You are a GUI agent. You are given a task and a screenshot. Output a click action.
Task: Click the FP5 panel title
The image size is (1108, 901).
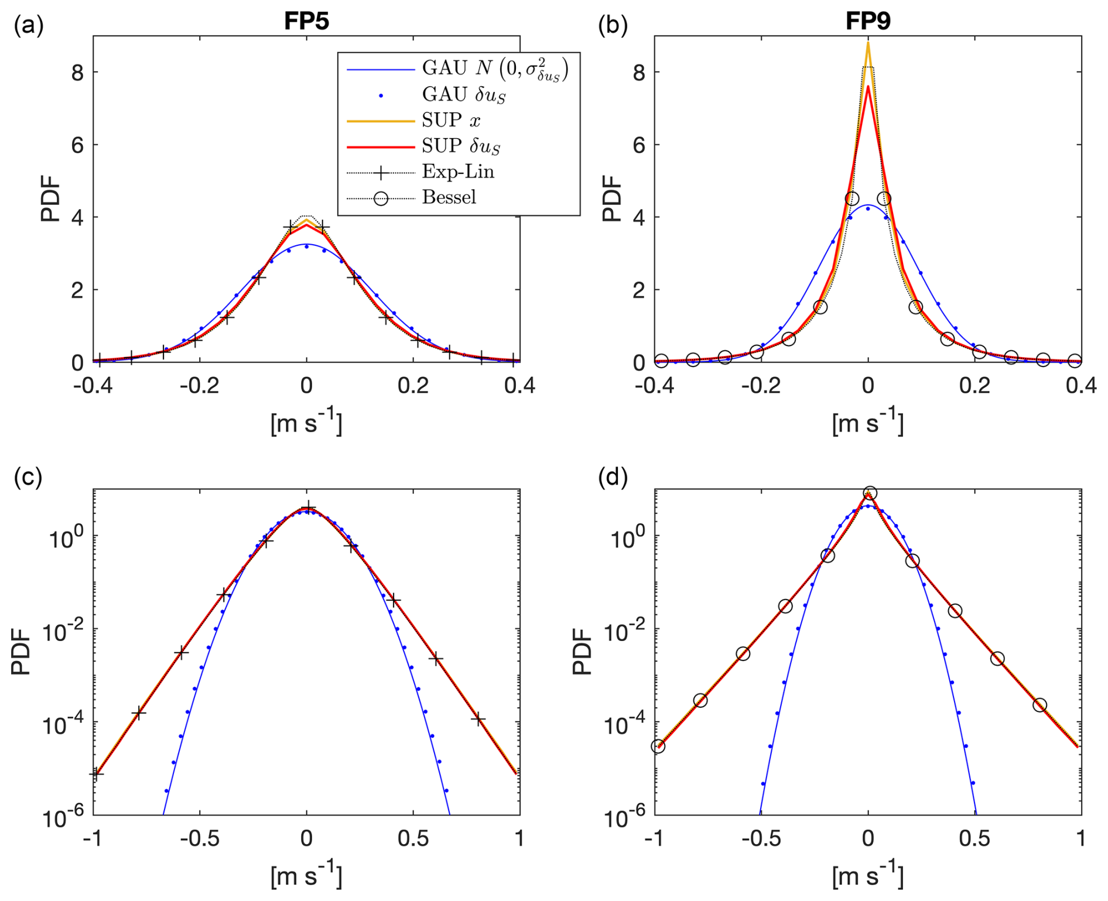click(x=306, y=22)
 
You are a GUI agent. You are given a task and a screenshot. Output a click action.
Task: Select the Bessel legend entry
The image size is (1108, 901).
click(x=449, y=197)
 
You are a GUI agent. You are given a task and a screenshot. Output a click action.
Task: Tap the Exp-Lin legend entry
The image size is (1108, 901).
click(x=457, y=172)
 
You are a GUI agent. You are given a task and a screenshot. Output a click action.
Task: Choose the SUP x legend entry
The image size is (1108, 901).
click(x=450, y=120)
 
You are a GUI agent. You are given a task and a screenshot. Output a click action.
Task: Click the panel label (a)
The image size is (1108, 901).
click(x=28, y=26)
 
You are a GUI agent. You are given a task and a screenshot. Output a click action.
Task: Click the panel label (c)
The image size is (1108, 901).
click(x=28, y=478)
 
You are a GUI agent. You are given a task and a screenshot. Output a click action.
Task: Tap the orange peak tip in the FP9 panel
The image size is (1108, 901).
click(x=868, y=43)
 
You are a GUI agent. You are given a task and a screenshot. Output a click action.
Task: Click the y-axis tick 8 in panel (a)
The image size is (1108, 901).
click(x=77, y=73)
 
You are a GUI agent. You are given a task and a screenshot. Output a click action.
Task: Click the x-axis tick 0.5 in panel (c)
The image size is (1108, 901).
click(x=413, y=838)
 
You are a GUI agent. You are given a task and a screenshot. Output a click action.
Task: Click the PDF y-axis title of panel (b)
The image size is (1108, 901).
click(x=611, y=199)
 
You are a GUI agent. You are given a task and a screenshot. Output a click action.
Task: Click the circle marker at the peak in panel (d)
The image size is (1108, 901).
click(x=870, y=493)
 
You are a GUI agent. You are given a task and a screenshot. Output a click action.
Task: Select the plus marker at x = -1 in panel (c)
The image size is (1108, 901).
click(x=96, y=774)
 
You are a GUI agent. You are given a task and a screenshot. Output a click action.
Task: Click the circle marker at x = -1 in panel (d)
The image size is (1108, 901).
click(x=658, y=746)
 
